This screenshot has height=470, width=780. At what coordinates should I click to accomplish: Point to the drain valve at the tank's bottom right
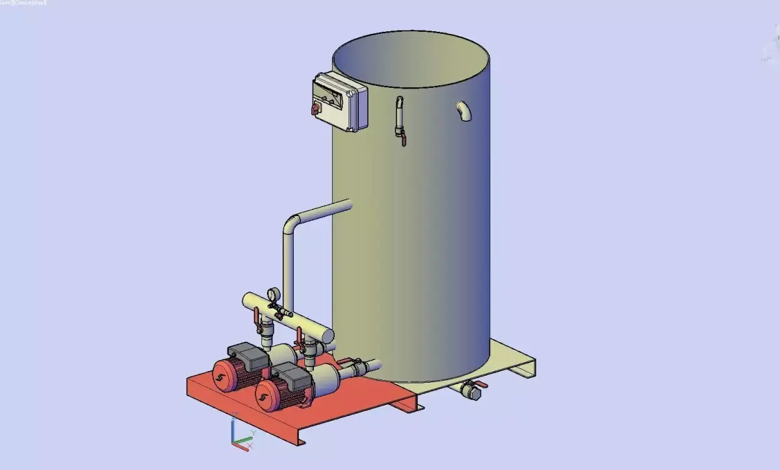click(470, 391)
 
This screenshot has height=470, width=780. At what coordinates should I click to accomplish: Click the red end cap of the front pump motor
click(266, 394)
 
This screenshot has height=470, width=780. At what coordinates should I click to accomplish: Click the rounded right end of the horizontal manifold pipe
click(328, 335)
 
